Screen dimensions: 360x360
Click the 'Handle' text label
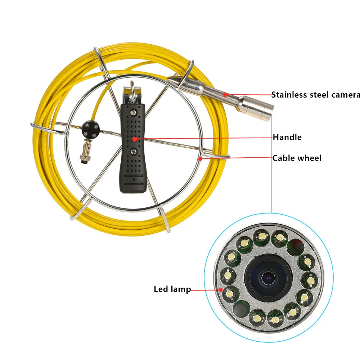point(287,137)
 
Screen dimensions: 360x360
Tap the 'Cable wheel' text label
point(297,158)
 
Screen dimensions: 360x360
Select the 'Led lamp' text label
point(172,289)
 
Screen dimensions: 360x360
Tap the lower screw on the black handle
point(133,152)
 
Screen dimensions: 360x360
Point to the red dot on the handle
point(134,138)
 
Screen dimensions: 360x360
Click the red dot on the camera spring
point(224,95)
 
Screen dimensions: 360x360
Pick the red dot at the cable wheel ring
point(200,158)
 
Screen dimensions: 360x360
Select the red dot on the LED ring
point(219,289)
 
